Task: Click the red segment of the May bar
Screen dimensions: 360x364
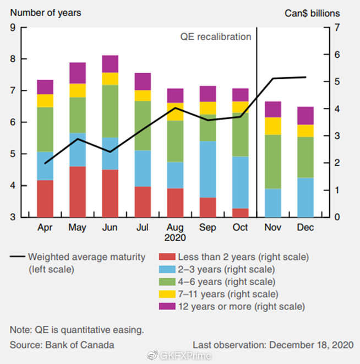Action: point(78,192)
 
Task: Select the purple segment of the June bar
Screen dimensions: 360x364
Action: point(110,64)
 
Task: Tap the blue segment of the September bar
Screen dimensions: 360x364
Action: point(208,169)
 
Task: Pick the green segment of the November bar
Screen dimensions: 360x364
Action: point(273,162)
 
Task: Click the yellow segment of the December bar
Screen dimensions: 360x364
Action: point(306,131)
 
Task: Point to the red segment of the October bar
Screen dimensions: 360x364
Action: point(241,213)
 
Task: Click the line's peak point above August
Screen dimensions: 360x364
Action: point(175,108)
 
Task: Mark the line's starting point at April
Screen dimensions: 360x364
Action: point(45,164)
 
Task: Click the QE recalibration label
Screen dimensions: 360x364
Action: point(216,37)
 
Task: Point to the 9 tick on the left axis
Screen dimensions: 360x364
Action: point(13,28)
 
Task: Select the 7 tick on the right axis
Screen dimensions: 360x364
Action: point(337,28)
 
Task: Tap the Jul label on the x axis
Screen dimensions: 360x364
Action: point(142,227)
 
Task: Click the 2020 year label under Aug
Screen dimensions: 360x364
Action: point(175,237)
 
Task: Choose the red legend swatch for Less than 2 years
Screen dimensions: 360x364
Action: point(167,257)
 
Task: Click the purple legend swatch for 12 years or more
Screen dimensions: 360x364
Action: point(167,306)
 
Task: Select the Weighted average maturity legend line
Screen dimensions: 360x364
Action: point(18,257)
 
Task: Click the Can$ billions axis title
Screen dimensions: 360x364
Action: point(312,13)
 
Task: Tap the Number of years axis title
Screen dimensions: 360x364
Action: point(46,13)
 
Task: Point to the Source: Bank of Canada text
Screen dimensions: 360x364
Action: point(62,345)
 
